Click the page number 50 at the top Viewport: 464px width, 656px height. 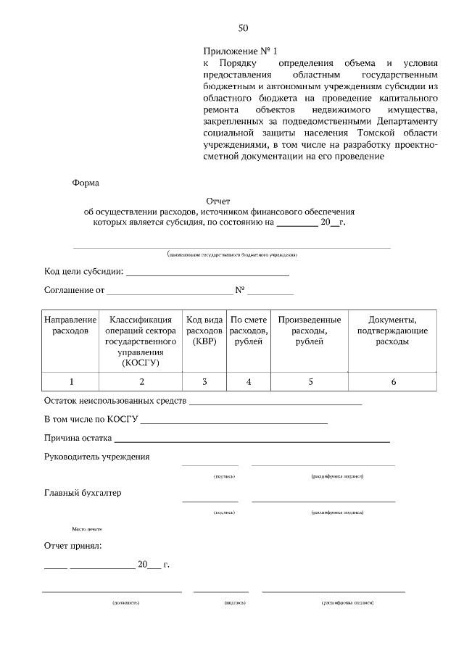243,28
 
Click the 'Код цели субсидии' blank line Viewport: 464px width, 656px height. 207,274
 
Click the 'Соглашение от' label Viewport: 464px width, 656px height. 75,291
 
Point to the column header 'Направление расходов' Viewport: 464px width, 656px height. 70,325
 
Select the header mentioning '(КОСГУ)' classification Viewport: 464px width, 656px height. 141,341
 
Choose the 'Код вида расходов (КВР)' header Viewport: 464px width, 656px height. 204,331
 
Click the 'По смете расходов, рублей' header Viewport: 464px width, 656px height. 249,331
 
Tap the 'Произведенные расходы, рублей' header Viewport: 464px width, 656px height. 310,331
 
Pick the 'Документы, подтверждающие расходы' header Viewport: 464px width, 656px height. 392,331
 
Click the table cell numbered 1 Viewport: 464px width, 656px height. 70,381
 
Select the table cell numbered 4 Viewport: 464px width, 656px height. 249,381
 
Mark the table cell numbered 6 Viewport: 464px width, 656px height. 392,381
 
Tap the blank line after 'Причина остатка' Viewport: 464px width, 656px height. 252,439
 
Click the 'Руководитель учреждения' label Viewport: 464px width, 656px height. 97,457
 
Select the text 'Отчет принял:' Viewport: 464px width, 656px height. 73,545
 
